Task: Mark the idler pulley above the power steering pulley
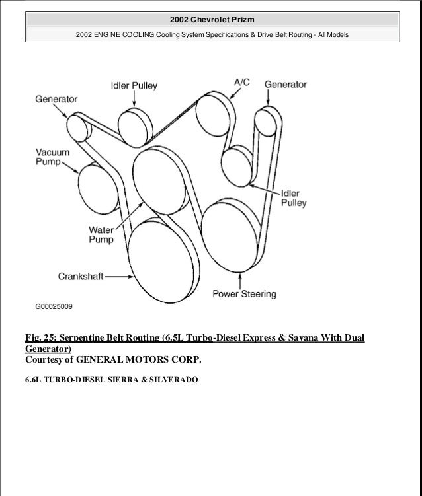point(235,164)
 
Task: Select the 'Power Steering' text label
point(244,293)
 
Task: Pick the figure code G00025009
point(54,306)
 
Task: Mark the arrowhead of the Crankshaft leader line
point(126,278)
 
